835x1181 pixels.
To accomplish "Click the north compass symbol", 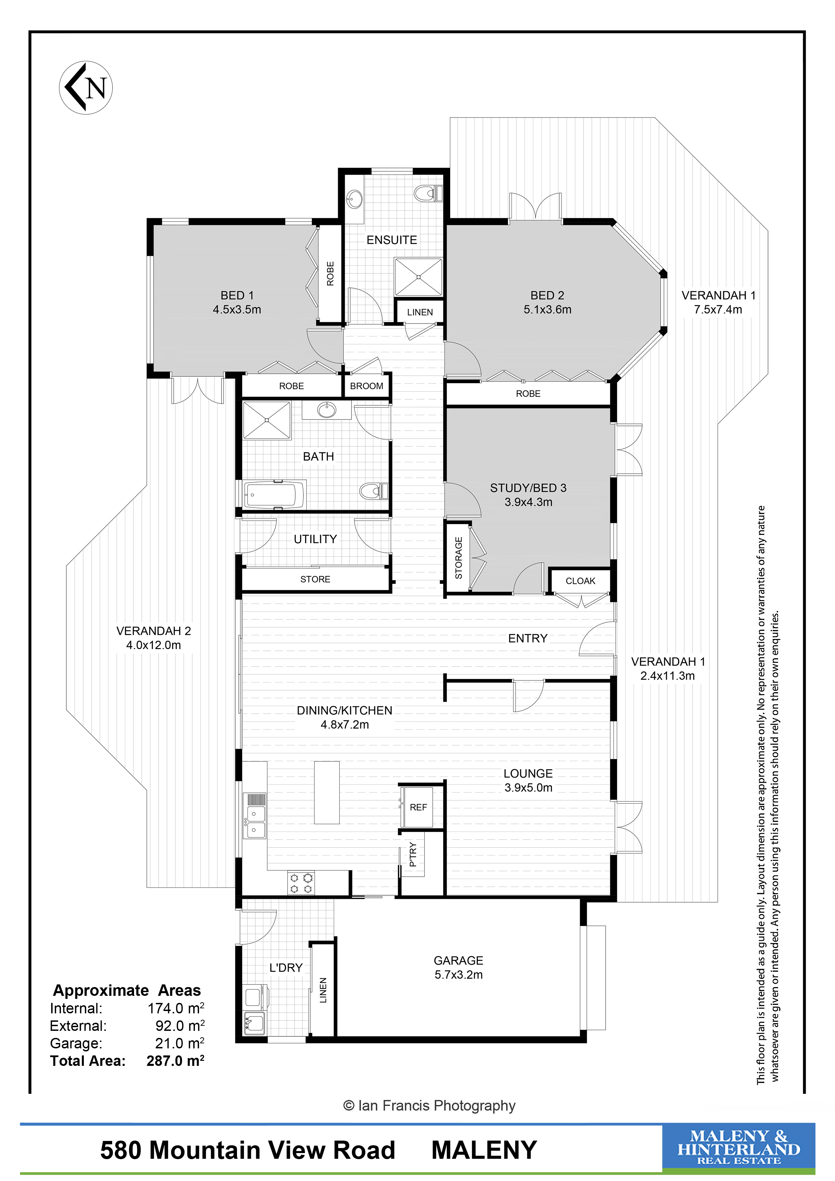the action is (86, 88).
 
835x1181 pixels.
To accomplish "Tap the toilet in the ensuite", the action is (428, 193).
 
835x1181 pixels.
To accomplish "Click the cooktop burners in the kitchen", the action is (301, 883).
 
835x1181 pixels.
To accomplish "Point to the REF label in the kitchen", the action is (418, 808).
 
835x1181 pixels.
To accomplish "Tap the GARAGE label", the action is (458, 960).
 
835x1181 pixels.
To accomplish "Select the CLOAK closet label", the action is (580, 581).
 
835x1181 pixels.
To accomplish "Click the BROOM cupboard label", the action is (366, 386).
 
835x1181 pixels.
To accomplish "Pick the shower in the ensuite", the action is (418, 277).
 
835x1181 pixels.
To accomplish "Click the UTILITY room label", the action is (315, 539).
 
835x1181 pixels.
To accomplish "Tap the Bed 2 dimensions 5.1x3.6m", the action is (547, 310).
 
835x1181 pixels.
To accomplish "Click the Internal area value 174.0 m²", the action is (176, 1008).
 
